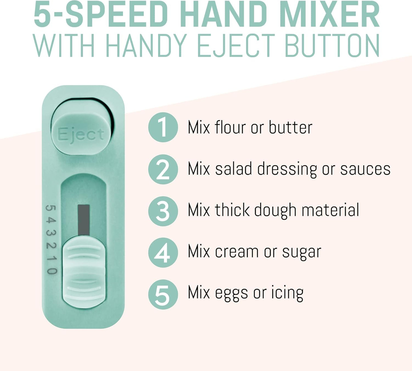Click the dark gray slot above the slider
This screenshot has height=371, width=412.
(x=84, y=219)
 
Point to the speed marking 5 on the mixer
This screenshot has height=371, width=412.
(x=51, y=208)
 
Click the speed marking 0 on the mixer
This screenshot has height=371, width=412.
(x=51, y=270)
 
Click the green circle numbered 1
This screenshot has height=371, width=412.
(x=163, y=127)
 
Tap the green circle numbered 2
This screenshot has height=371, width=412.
(x=163, y=169)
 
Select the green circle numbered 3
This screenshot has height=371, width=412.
(x=163, y=211)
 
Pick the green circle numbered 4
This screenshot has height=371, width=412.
(x=163, y=252)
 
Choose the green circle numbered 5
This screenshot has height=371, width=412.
(x=163, y=294)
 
